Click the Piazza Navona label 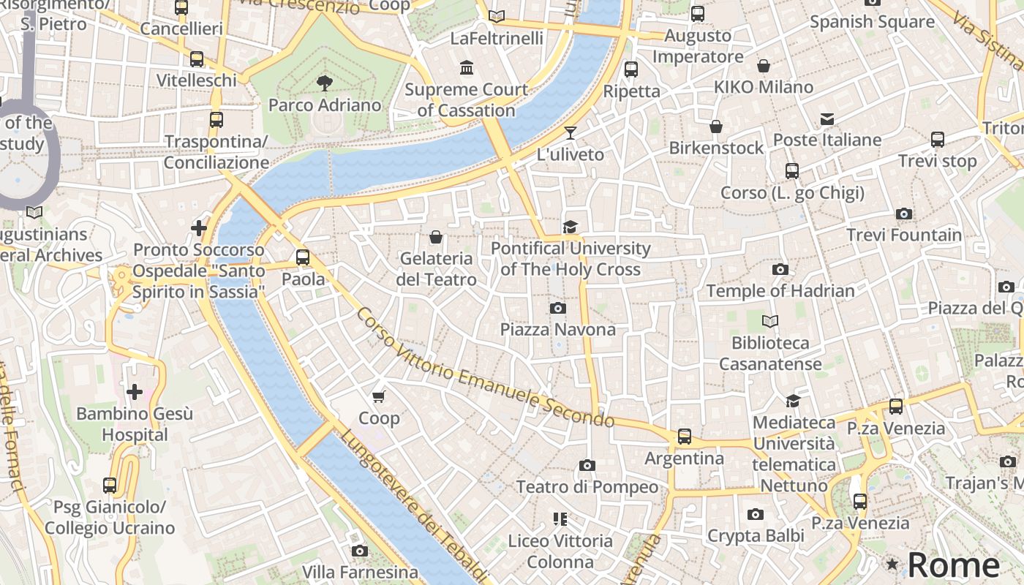[x=557, y=330]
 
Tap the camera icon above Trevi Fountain [x=904, y=214]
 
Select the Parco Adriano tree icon [x=325, y=83]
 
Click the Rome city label [x=954, y=565]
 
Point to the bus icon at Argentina [x=684, y=437]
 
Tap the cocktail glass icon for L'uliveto [x=571, y=133]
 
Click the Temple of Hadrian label [x=780, y=291]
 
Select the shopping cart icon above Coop [x=378, y=396]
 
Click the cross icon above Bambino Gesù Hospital [x=135, y=393]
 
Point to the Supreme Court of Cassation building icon [x=466, y=68]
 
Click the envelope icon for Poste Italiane [x=827, y=118]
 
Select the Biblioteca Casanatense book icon [x=770, y=321]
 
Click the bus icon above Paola [x=303, y=257]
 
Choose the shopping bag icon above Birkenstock [x=716, y=127]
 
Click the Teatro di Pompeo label [x=587, y=487]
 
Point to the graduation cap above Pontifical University [x=571, y=227]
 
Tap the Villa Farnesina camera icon [x=359, y=551]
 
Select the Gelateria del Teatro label [x=436, y=269]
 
